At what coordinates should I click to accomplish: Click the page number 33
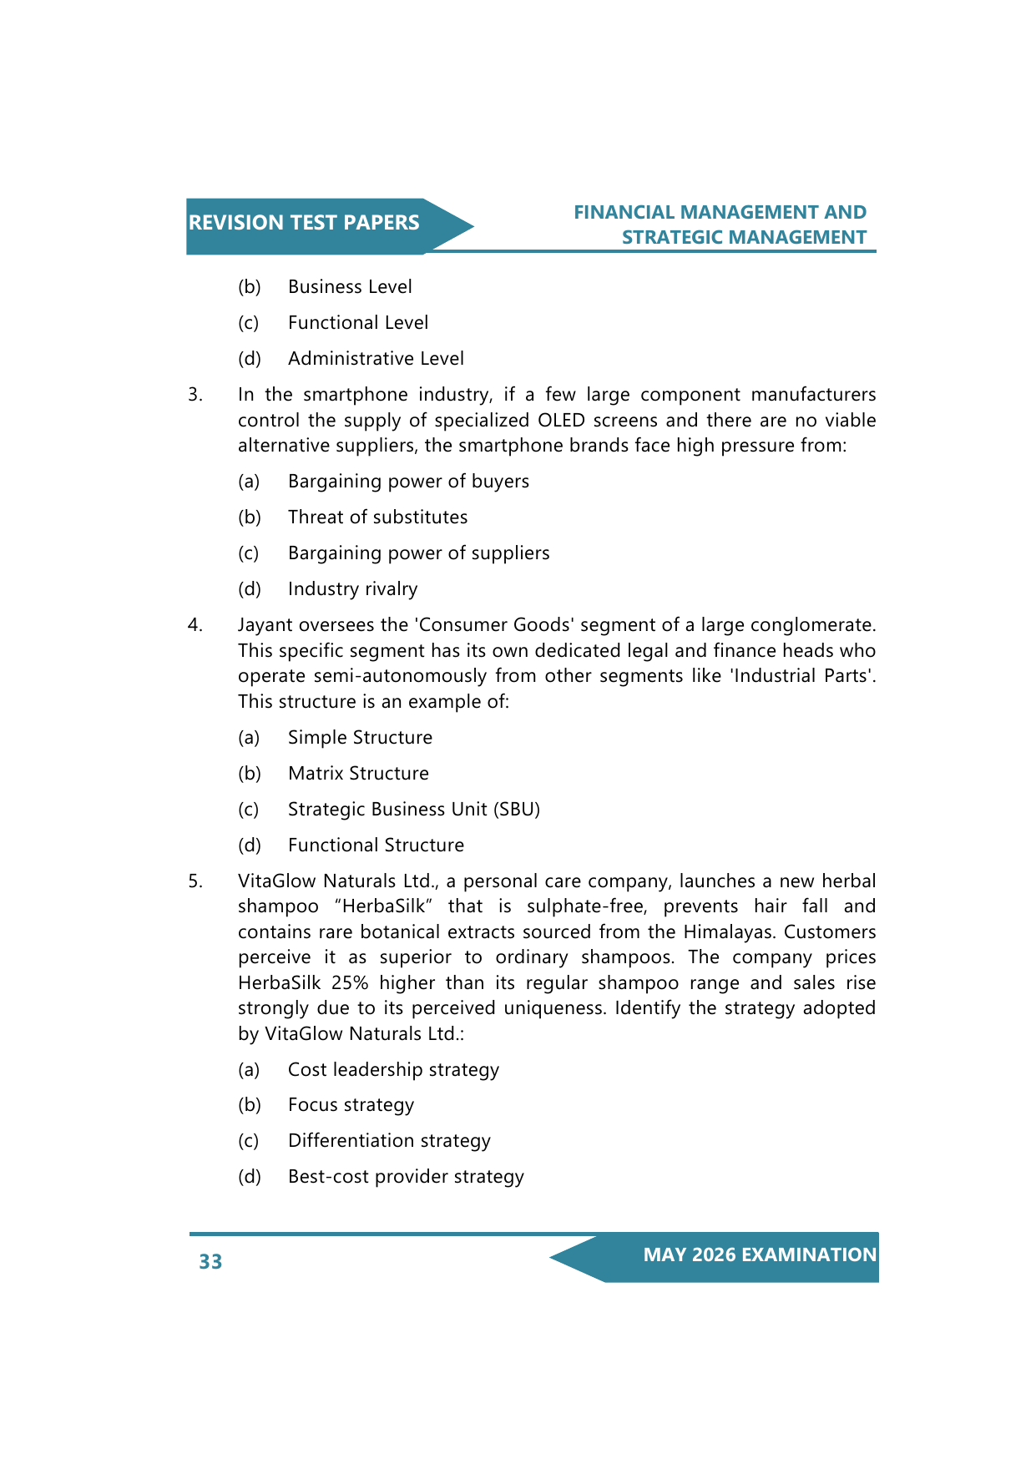click(210, 1261)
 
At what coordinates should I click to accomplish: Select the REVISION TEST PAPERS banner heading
click(304, 223)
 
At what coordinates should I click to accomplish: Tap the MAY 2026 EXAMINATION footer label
click(760, 1254)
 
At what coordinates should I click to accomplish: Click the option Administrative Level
click(376, 359)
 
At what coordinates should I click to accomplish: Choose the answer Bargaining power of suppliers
click(418, 553)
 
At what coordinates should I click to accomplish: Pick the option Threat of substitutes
click(377, 517)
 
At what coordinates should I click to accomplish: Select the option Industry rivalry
click(352, 589)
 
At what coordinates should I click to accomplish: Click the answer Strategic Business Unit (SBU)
click(413, 810)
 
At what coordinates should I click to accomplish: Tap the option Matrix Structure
click(358, 774)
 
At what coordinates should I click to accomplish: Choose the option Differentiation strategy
click(389, 1141)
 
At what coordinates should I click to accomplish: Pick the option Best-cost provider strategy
click(406, 1177)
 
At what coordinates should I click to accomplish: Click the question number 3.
click(195, 395)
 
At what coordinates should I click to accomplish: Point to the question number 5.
click(195, 881)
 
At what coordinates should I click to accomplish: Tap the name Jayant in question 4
click(265, 625)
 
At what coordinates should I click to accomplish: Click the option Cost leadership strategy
click(393, 1070)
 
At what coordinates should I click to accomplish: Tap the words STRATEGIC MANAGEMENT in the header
click(744, 238)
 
